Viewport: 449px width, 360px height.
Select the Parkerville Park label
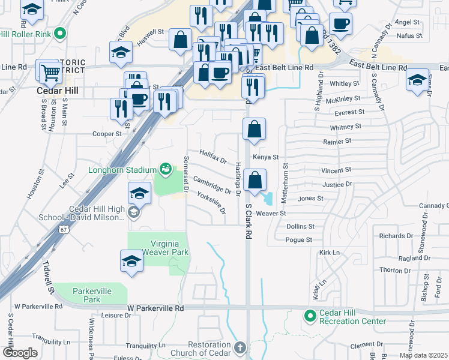(x=92, y=295)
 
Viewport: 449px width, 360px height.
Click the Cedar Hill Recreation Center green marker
(x=310, y=315)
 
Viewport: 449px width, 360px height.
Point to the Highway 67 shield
(x=64, y=229)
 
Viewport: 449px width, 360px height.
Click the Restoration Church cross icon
(x=240, y=347)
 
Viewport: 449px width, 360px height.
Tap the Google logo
(x=20, y=353)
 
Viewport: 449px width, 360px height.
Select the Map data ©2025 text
(x=423, y=355)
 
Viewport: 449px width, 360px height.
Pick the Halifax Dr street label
(x=213, y=157)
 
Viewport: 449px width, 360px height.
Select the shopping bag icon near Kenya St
(x=255, y=128)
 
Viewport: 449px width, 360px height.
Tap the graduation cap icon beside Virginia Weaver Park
(x=131, y=261)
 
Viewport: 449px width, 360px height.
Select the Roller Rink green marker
(x=60, y=34)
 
